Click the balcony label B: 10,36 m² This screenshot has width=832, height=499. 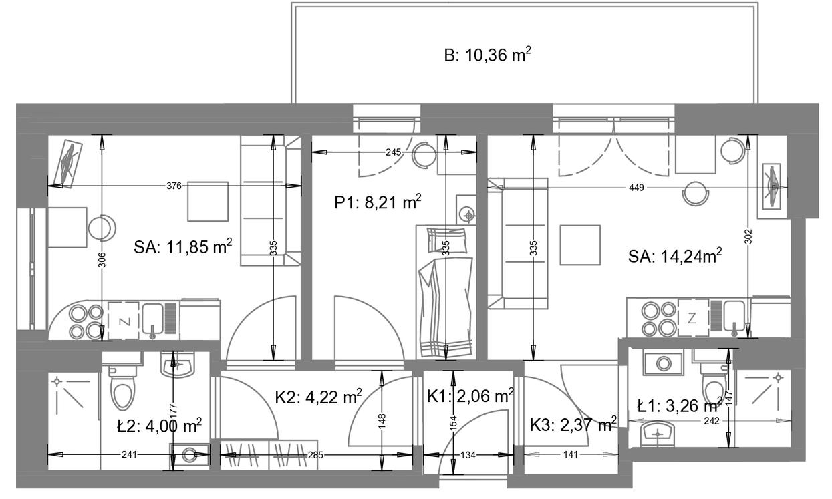[x=487, y=55]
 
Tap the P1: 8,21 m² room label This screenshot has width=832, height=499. [x=378, y=202]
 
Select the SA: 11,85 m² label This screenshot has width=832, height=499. [x=182, y=247]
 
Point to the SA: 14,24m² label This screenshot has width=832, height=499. [x=675, y=257]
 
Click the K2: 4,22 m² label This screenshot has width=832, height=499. [x=318, y=397]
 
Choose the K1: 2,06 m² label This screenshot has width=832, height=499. [x=470, y=396]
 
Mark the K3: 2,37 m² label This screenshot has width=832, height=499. [x=573, y=424]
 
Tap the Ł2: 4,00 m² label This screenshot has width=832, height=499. [x=159, y=426]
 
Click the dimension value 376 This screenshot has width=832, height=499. [x=174, y=186]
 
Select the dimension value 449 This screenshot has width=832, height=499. [x=636, y=188]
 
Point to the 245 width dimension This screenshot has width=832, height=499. [x=394, y=152]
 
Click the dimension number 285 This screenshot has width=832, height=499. [x=315, y=455]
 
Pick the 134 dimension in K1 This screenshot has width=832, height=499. [x=468, y=455]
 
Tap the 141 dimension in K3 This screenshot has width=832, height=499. [x=571, y=454]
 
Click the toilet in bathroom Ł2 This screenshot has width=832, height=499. [x=122, y=388]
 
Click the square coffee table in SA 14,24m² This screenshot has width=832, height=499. [x=580, y=245]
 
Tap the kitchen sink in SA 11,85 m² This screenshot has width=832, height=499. [x=152, y=319]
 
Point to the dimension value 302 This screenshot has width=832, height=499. [x=748, y=236]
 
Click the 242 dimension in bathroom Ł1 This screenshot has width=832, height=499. [x=711, y=421]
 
